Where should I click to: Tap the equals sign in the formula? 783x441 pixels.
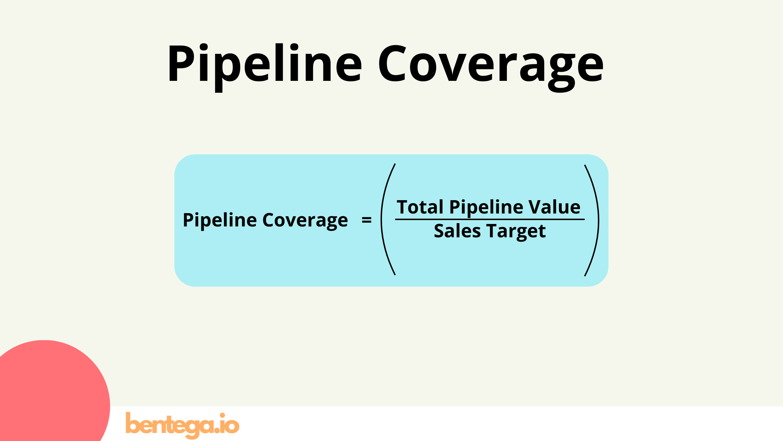click(x=366, y=220)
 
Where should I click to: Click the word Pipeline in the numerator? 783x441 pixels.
click(x=486, y=208)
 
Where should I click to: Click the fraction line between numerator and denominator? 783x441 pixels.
click(x=489, y=219)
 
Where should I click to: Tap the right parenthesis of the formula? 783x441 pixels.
click(x=594, y=220)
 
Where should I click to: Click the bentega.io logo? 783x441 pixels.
click(x=182, y=425)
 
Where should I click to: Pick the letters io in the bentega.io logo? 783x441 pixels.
click(x=229, y=424)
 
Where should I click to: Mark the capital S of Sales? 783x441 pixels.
click(x=440, y=231)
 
